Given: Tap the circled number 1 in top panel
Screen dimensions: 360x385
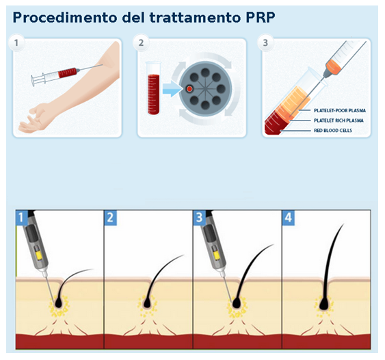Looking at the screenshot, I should [x=17, y=43].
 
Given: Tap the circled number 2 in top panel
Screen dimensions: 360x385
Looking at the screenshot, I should [x=142, y=43].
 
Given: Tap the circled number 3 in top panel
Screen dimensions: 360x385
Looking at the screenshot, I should [x=266, y=43].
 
